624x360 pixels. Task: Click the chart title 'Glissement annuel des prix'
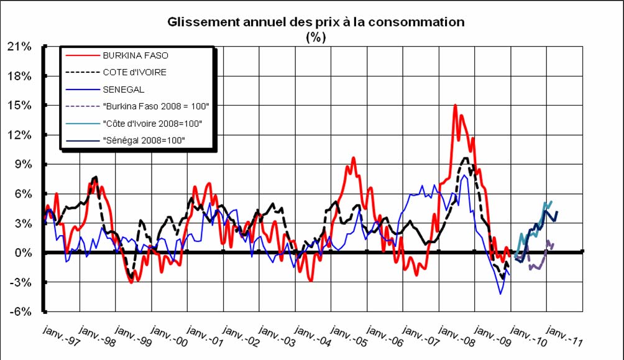point(316,22)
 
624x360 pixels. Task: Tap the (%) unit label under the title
point(316,37)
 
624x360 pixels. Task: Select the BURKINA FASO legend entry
point(135,55)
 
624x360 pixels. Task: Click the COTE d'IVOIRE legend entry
point(134,72)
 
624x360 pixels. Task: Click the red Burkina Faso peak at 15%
point(455,106)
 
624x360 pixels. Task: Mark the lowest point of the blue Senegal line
point(500,293)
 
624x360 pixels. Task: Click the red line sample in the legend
point(82,55)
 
